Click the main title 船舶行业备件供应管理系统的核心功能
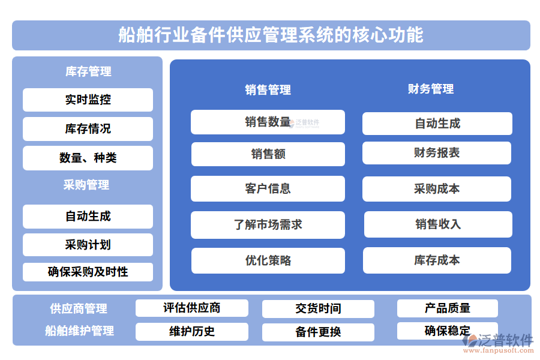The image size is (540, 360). tap(271, 35)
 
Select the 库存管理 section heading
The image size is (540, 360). tap(88, 71)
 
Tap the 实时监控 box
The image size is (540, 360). tap(88, 100)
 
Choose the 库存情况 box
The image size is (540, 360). tap(88, 128)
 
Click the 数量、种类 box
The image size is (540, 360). tap(88, 158)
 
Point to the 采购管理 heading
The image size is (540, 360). tap(86, 185)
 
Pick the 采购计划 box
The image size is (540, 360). tap(88, 245)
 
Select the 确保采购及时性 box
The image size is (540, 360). tap(88, 272)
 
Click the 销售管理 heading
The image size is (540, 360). tap(268, 90)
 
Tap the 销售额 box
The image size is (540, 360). tap(268, 154)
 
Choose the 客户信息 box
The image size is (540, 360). tap(268, 188)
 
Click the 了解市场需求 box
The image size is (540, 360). tap(268, 224)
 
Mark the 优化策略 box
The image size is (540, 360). tap(268, 260)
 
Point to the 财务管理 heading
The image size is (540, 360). tap(431, 89)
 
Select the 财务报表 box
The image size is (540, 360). tap(437, 153)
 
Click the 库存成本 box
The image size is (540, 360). tap(437, 260)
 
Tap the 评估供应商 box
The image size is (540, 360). tap(191, 308)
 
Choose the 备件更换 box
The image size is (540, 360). tap(318, 332)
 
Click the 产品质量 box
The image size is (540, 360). tap(447, 308)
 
